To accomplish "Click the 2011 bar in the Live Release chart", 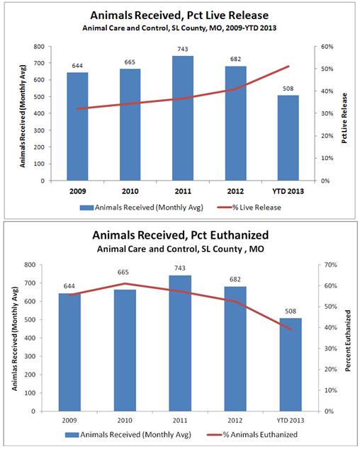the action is pos(183,118).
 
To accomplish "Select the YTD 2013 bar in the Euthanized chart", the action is pos(291,365).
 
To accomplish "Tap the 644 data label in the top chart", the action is pos(77,66).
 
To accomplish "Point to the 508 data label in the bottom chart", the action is pos(291,312).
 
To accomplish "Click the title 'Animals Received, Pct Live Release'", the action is pos(179,15).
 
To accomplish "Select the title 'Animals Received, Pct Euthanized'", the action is pos(180,235).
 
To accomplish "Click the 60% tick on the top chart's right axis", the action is pos(327,47).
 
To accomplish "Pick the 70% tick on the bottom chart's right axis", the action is pos(330,265).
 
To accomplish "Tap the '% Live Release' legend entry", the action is pos(249,208).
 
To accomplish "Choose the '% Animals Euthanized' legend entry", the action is pos(252,434).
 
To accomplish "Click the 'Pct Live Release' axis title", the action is pos(344,118).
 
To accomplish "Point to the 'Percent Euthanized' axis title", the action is pos(348,341).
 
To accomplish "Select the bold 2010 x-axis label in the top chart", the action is pos(130,191).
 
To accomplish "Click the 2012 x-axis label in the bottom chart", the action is pos(235,421).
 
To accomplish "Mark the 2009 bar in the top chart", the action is pos(77,126).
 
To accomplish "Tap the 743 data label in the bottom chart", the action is pos(180,268).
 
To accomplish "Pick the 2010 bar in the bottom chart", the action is pos(125,351).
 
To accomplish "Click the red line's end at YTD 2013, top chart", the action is pos(288,66).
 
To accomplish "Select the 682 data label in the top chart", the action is pos(235,59).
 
